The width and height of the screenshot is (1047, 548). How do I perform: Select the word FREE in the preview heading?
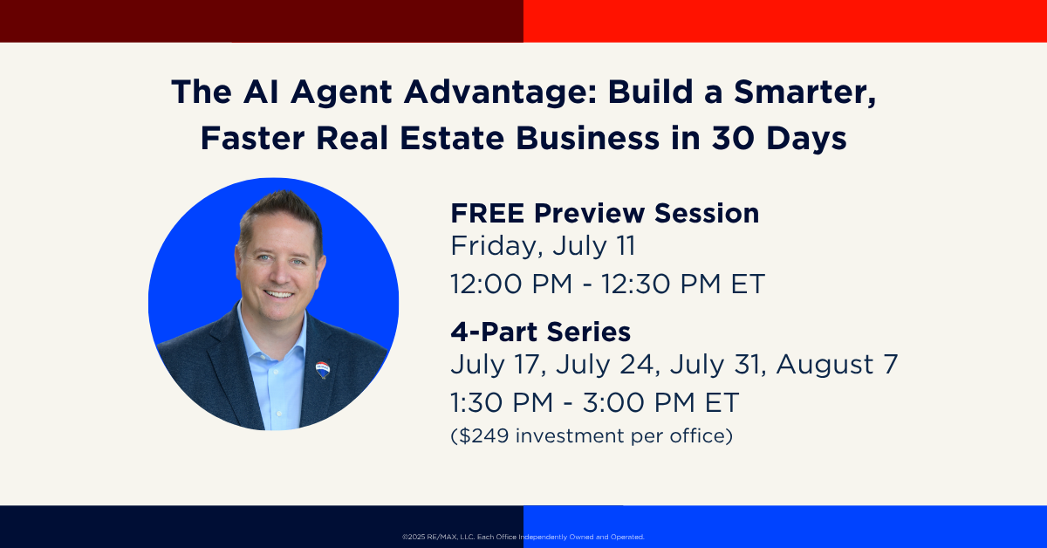pyautogui.click(x=488, y=213)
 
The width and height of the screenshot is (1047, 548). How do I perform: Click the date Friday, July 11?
pyautogui.click(x=543, y=246)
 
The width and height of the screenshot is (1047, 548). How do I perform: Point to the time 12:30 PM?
pyautogui.click(x=660, y=284)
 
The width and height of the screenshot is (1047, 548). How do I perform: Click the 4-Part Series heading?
pyautogui.click(x=541, y=332)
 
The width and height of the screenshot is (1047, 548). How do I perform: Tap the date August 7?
pyautogui.click(x=837, y=365)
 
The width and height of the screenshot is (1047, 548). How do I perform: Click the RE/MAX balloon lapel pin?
pyautogui.click(x=323, y=370)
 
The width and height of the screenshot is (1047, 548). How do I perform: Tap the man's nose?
pyautogui.click(x=281, y=275)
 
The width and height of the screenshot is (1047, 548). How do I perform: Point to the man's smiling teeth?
pyautogui.click(x=278, y=295)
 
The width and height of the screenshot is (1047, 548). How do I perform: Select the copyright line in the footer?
pyautogui.click(x=523, y=537)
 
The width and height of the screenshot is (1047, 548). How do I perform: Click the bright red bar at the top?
pyautogui.click(x=785, y=21)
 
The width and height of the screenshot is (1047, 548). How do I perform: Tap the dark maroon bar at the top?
pyautogui.click(x=262, y=21)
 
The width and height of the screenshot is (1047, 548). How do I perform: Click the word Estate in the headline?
pyautogui.click(x=452, y=139)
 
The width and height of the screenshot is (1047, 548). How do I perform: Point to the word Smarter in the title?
pyautogui.click(x=804, y=92)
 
